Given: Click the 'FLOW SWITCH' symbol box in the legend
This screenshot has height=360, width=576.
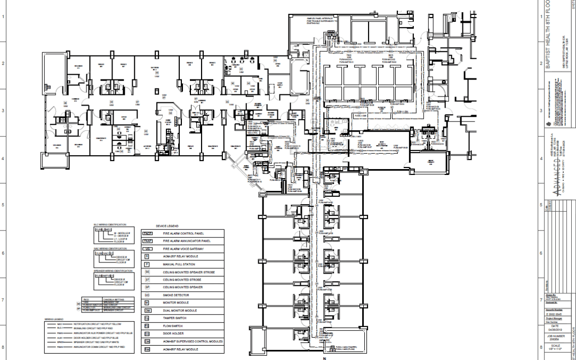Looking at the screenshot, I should point(147,325).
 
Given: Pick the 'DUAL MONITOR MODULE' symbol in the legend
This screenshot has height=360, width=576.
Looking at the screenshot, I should point(147,310).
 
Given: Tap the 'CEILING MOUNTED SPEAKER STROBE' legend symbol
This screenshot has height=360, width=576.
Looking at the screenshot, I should point(147,271).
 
